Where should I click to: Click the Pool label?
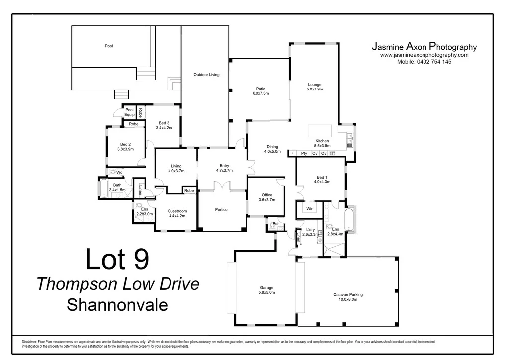109,46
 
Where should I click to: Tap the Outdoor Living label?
206,75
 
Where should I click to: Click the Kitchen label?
322,141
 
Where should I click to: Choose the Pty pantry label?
304,154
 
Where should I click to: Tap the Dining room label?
272,146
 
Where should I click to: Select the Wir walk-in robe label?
309,209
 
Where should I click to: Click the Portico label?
221,210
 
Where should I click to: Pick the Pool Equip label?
129,112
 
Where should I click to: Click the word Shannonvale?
117,304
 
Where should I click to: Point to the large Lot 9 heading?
117,260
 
